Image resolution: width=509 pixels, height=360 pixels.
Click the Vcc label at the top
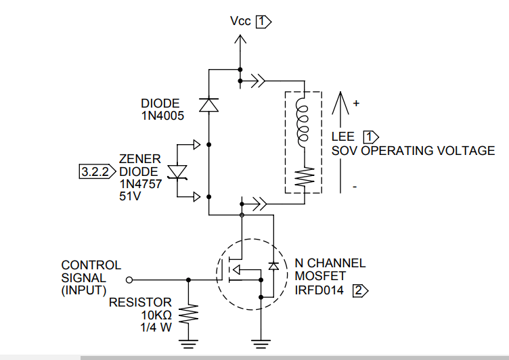(x=240, y=22)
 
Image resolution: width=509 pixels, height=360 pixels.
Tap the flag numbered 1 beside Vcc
(x=263, y=22)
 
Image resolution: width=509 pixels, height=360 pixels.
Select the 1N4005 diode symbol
(x=208, y=104)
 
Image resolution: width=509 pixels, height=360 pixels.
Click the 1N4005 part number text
(x=163, y=116)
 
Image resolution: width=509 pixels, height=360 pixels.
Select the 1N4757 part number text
(x=141, y=183)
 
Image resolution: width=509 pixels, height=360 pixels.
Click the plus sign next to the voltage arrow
(x=356, y=104)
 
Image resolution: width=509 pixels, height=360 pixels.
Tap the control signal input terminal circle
(x=130, y=279)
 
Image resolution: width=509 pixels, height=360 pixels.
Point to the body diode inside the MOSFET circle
(x=273, y=266)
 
